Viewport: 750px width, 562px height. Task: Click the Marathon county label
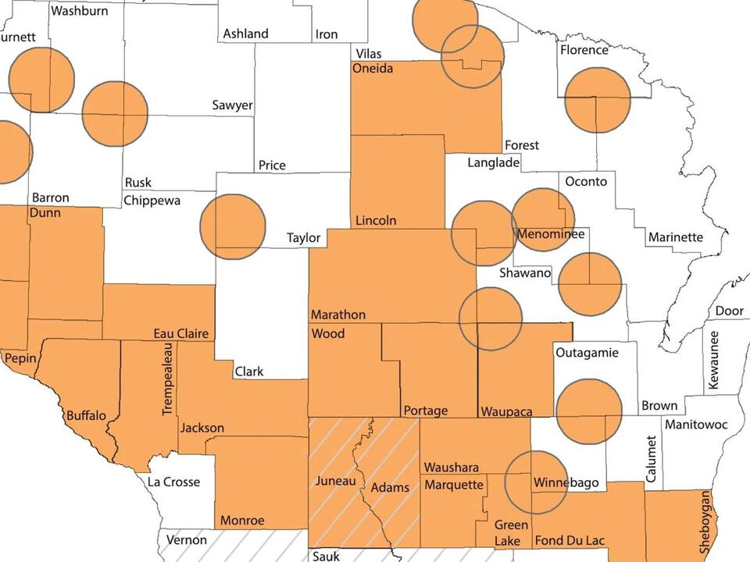[x=338, y=315]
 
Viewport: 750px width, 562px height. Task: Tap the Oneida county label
[x=373, y=69]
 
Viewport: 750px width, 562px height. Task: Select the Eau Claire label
[x=181, y=334]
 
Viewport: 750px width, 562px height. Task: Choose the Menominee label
[x=548, y=235]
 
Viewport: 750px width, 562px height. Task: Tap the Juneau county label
[x=335, y=481]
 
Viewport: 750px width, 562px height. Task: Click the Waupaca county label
[x=506, y=411]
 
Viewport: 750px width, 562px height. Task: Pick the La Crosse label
[x=173, y=482]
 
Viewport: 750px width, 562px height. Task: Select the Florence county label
[x=584, y=50]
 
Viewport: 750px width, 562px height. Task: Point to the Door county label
[x=729, y=311]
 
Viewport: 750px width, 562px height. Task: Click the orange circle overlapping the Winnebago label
[x=536, y=482]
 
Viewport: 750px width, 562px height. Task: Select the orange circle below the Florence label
[x=597, y=100]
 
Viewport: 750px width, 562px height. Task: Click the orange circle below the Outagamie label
[x=589, y=411]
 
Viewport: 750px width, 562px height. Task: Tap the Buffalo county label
[x=86, y=415]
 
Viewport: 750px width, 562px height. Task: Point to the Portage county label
[x=426, y=411]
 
